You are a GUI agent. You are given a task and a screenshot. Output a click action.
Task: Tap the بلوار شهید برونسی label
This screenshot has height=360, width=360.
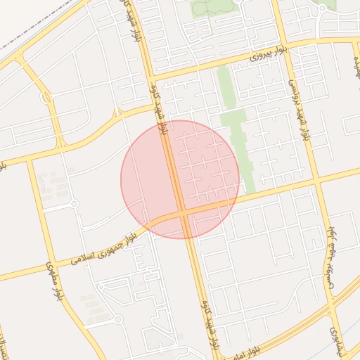(x=299, y=105)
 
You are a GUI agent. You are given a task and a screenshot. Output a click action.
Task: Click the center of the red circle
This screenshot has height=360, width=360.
(x=180, y=179)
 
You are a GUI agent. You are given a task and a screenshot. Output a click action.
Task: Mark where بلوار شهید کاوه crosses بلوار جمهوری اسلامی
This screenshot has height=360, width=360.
(x=182, y=211)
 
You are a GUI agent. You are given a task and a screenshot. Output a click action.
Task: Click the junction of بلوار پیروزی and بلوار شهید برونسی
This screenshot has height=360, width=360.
(x=283, y=48)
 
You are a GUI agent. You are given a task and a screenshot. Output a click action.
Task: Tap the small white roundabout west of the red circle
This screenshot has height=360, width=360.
(x=74, y=204)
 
